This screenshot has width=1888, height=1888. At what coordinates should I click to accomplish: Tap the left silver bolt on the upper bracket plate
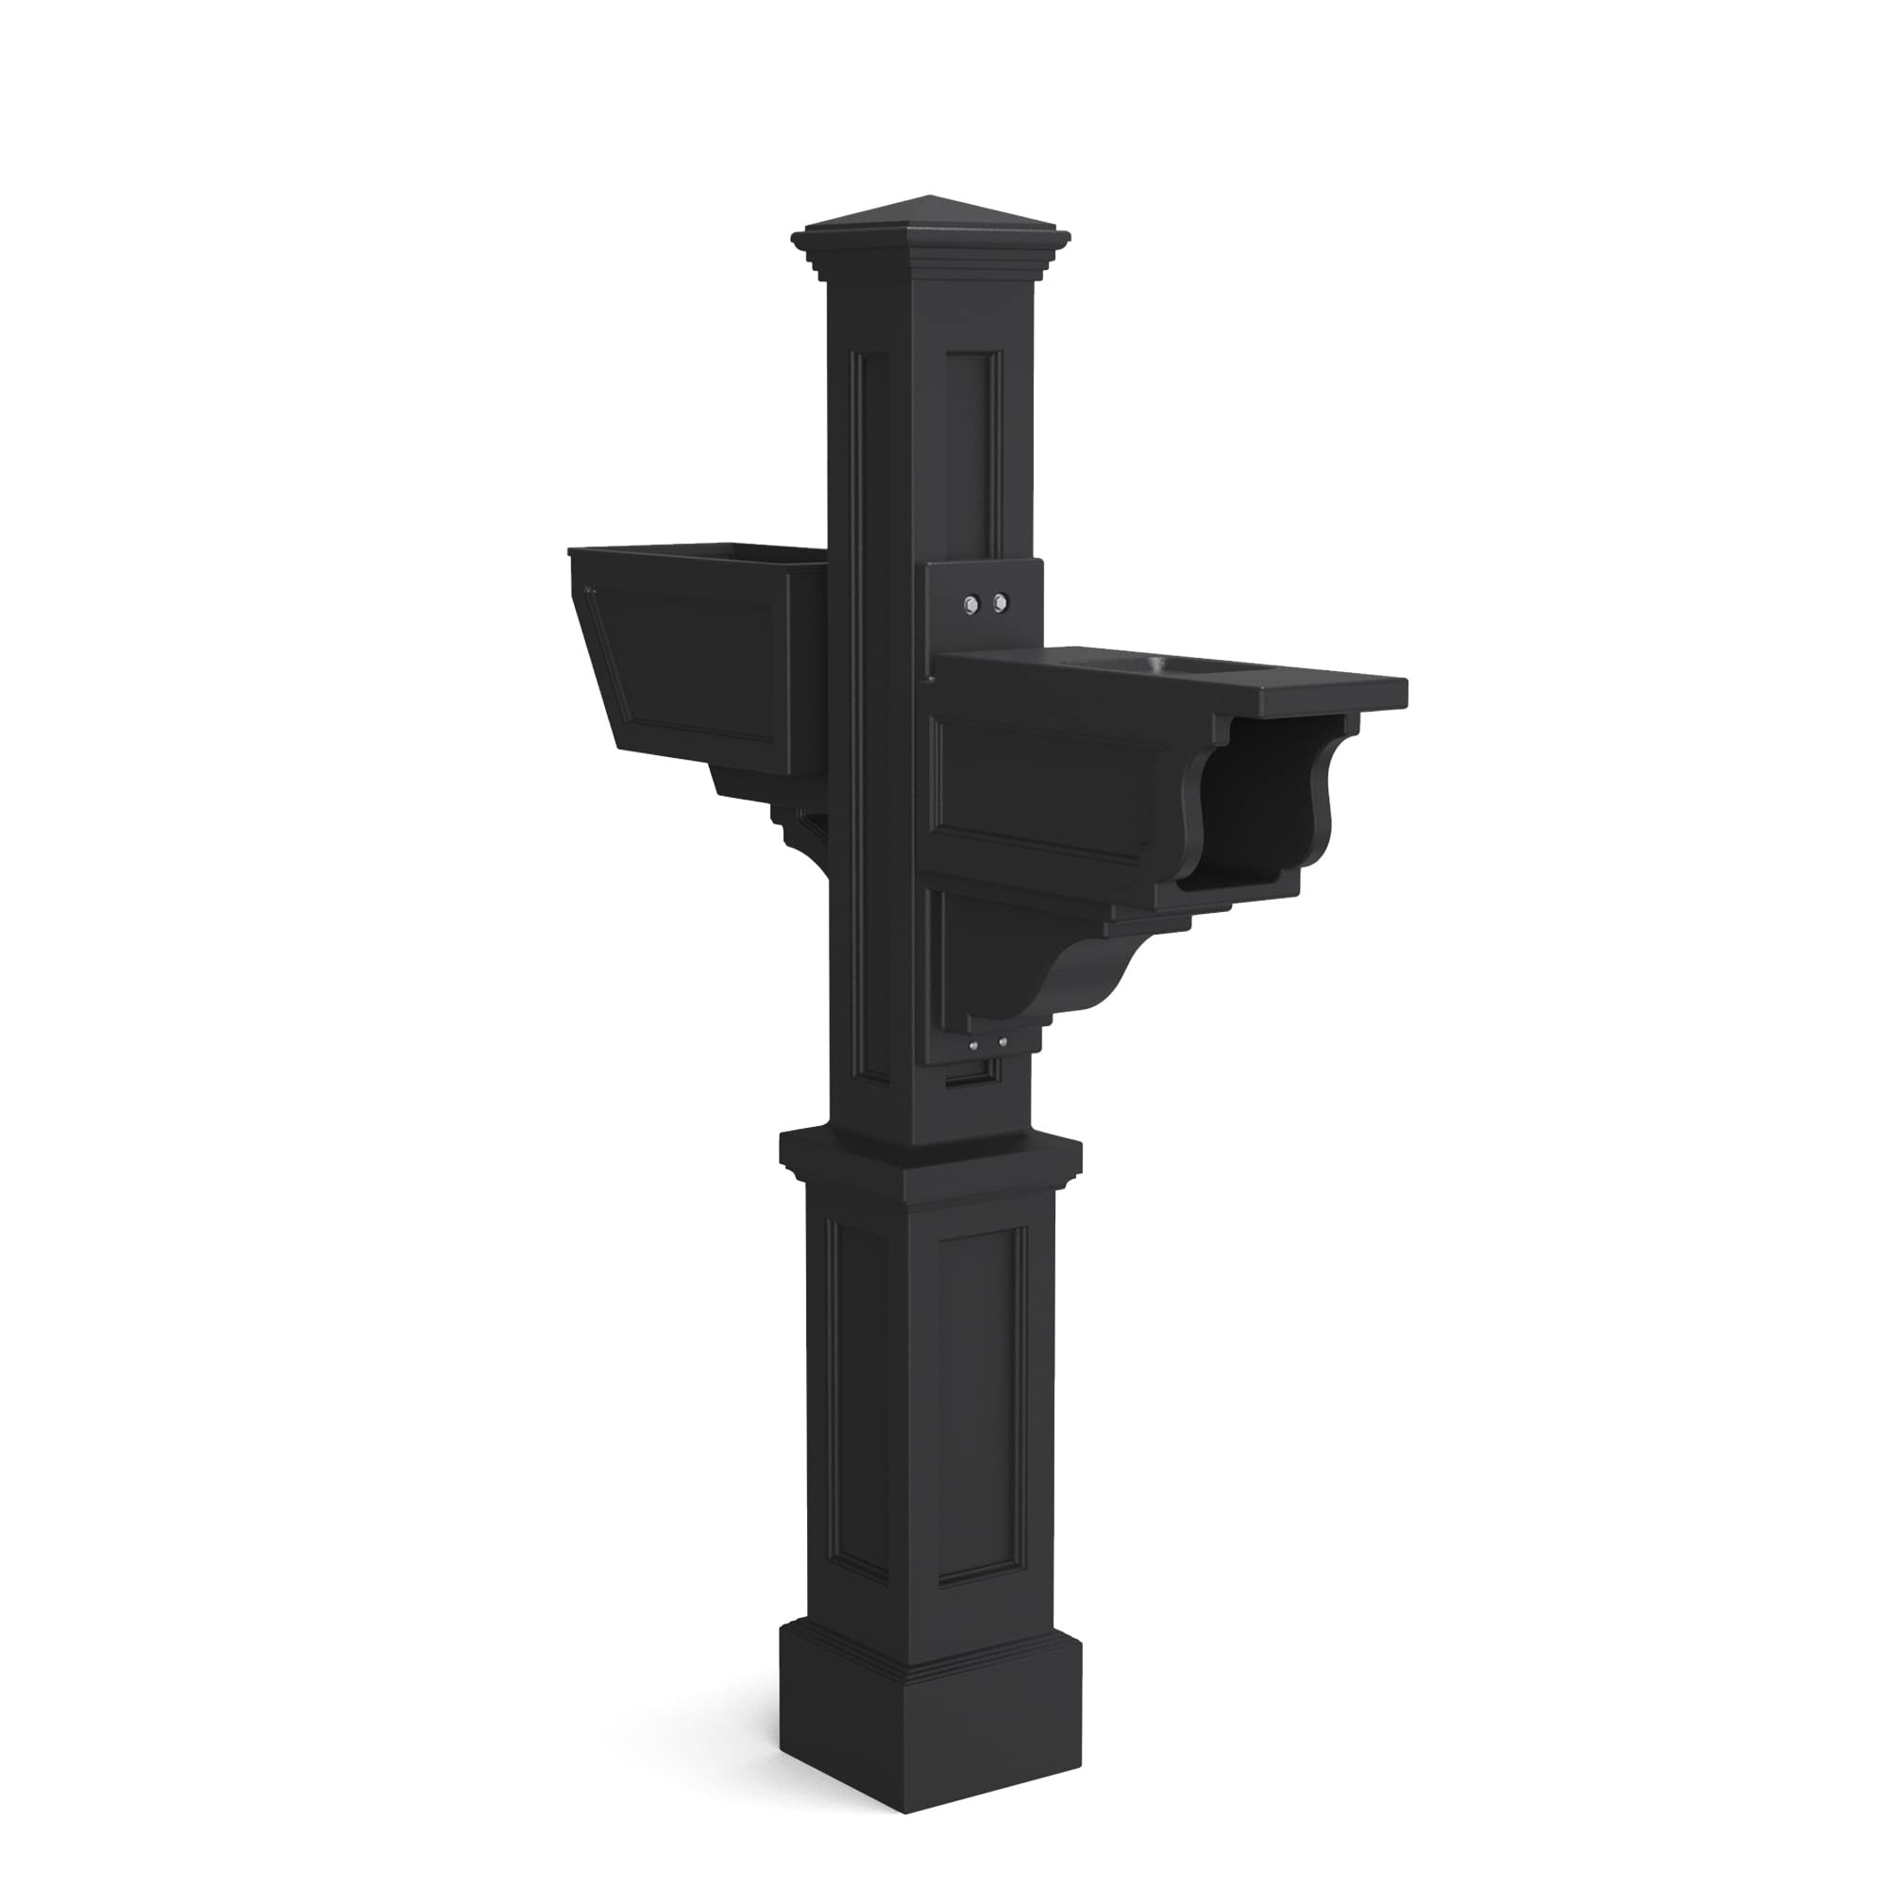(970, 605)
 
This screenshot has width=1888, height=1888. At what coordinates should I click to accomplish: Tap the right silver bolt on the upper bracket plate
(998, 605)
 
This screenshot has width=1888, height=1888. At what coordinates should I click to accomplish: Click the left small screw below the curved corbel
(974, 1047)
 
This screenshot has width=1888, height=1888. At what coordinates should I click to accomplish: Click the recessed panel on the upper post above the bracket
(973, 449)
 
